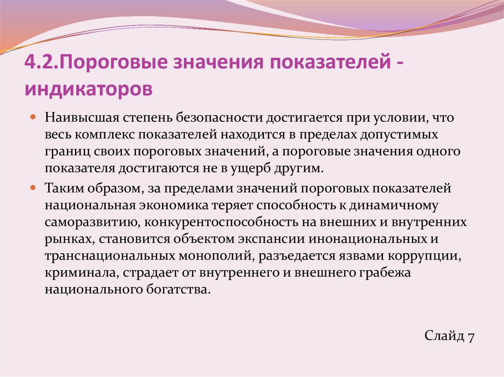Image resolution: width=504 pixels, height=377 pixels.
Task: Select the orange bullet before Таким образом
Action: click(33, 188)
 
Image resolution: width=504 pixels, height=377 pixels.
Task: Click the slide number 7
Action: click(471, 337)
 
